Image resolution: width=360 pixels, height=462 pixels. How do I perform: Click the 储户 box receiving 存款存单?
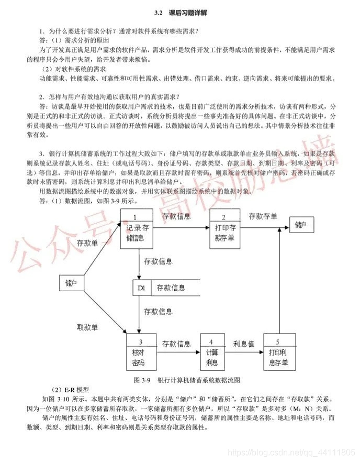click(x=301, y=226)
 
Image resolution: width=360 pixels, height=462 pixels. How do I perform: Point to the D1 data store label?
click(x=141, y=288)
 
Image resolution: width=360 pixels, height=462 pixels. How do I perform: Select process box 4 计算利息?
click(x=212, y=354)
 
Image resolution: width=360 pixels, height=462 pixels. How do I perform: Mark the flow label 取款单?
click(x=87, y=327)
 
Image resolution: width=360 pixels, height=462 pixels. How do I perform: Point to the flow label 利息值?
click(x=243, y=344)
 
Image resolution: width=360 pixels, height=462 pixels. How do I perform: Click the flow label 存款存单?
click(x=263, y=216)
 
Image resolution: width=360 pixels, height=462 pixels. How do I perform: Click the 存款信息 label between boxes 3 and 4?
click(x=176, y=344)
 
